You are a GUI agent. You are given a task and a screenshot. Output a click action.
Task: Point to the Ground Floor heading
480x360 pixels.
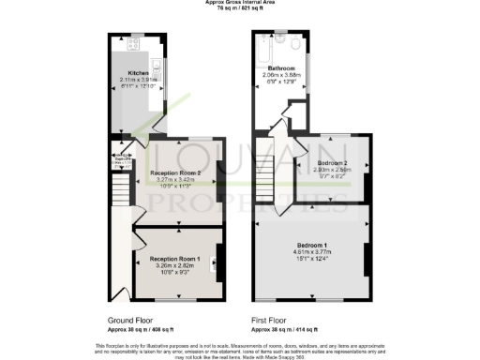[130, 320]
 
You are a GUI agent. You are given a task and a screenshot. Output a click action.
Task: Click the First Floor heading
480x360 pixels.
[270, 320]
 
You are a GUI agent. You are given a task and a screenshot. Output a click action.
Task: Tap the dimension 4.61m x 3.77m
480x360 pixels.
[312, 251]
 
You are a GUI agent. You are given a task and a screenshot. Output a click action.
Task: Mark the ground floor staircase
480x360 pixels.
[118, 192]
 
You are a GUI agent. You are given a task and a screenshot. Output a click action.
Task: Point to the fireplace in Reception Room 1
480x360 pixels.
[218, 262]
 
